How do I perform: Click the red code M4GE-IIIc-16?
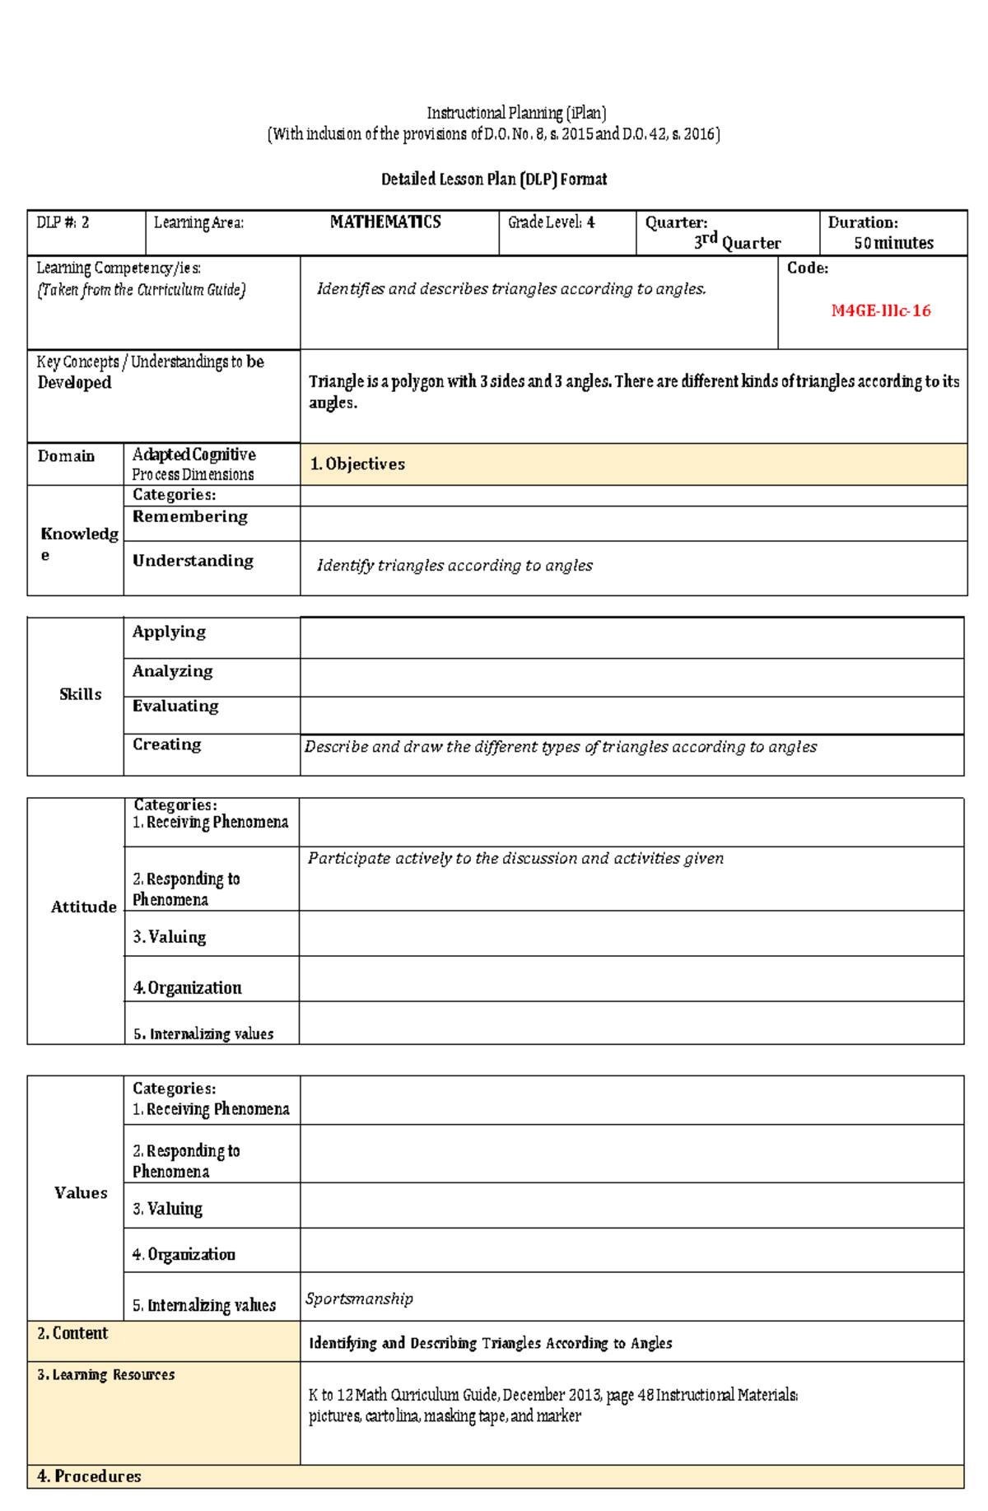[880, 310]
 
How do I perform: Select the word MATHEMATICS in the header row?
[385, 222]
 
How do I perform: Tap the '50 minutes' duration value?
[893, 243]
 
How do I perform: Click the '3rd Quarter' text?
[737, 242]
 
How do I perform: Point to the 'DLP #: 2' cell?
[63, 222]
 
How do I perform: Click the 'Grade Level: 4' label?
[551, 222]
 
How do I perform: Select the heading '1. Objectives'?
[357, 464]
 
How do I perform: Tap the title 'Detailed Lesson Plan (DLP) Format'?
[494, 180]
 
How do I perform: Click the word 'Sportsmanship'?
[359, 1299]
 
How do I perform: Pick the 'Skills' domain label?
[80, 694]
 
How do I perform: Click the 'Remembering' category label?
[189, 516]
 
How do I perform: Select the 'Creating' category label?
[166, 744]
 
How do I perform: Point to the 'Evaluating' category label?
[175, 706]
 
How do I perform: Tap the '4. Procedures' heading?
[89, 1476]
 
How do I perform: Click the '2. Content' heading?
[72, 1333]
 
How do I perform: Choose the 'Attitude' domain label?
[83, 907]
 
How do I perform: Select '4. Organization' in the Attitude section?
[187, 987]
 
